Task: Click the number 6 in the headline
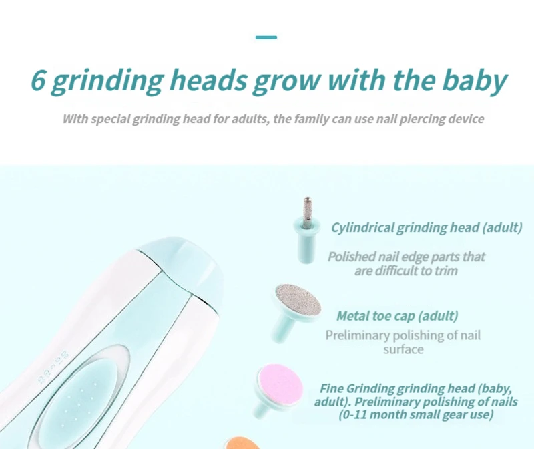(x=38, y=80)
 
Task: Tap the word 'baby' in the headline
(x=475, y=82)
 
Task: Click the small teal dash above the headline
(x=266, y=37)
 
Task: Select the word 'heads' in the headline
(x=210, y=80)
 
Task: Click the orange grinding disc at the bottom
(x=242, y=443)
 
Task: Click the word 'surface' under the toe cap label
(x=403, y=349)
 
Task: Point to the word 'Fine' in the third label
(x=332, y=388)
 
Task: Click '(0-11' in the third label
(x=352, y=414)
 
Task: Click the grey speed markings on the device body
(x=53, y=367)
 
